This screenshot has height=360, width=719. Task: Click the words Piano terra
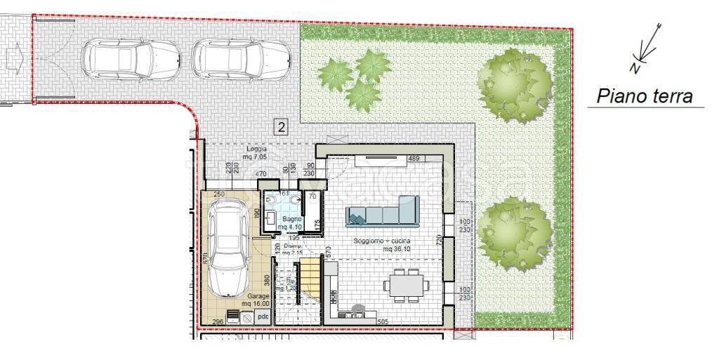click(645, 96)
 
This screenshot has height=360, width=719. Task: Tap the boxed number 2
click(281, 127)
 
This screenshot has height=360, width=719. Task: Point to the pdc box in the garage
click(263, 317)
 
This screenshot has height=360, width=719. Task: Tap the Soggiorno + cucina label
click(382, 245)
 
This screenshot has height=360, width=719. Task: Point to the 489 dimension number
click(414, 159)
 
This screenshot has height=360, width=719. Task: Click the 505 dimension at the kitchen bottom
click(364, 322)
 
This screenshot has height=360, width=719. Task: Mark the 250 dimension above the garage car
click(218, 194)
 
